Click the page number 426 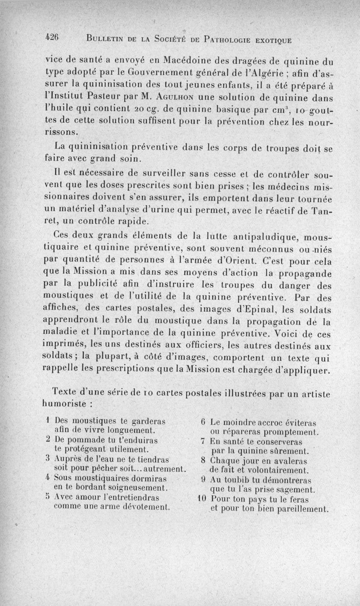click(53, 39)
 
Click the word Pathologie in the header click(226, 40)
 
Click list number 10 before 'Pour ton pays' click(201, 499)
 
